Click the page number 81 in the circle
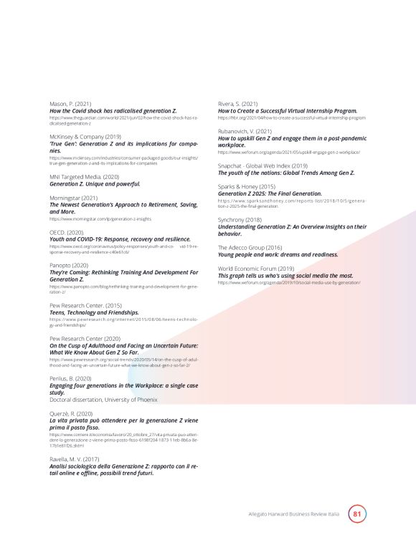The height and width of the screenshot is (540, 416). coord(357,514)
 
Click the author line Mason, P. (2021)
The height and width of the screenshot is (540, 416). coord(70,105)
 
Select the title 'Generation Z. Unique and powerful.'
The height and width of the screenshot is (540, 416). coord(95,184)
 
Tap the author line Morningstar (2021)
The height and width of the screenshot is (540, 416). coord(73,197)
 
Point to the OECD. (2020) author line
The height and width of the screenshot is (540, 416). coord(67,232)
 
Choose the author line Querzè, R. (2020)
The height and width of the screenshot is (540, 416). coord(71,413)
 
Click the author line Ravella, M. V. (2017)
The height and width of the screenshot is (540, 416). coord(75,458)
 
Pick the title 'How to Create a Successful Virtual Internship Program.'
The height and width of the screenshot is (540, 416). coord(288,111)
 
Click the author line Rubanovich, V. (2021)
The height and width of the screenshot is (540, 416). coord(245,131)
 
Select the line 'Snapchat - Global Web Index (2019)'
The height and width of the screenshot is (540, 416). coord(263,165)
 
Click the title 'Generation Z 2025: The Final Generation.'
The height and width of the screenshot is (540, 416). coord(270,193)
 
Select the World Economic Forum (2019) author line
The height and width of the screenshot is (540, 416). coord(256,268)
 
